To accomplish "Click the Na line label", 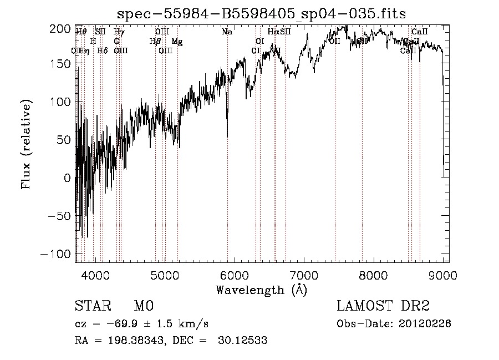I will pyautogui.click(x=227, y=32).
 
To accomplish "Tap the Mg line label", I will pyautogui.click(x=176, y=42).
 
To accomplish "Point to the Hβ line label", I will pyautogui.click(x=155, y=42).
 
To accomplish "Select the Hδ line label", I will pyautogui.click(x=102, y=51).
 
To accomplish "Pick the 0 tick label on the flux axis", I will pyautogui.click(x=68, y=178).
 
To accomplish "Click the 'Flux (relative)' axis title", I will pyautogui.click(x=26, y=144).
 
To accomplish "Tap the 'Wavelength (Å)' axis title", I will pyautogui.click(x=261, y=290).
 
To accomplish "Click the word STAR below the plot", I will pyautogui.click(x=92, y=306).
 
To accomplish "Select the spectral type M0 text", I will pyautogui.click(x=143, y=306).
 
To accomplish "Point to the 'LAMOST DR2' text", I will pyautogui.click(x=383, y=306).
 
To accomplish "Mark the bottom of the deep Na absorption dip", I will pyautogui.click(x=227, y=136).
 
